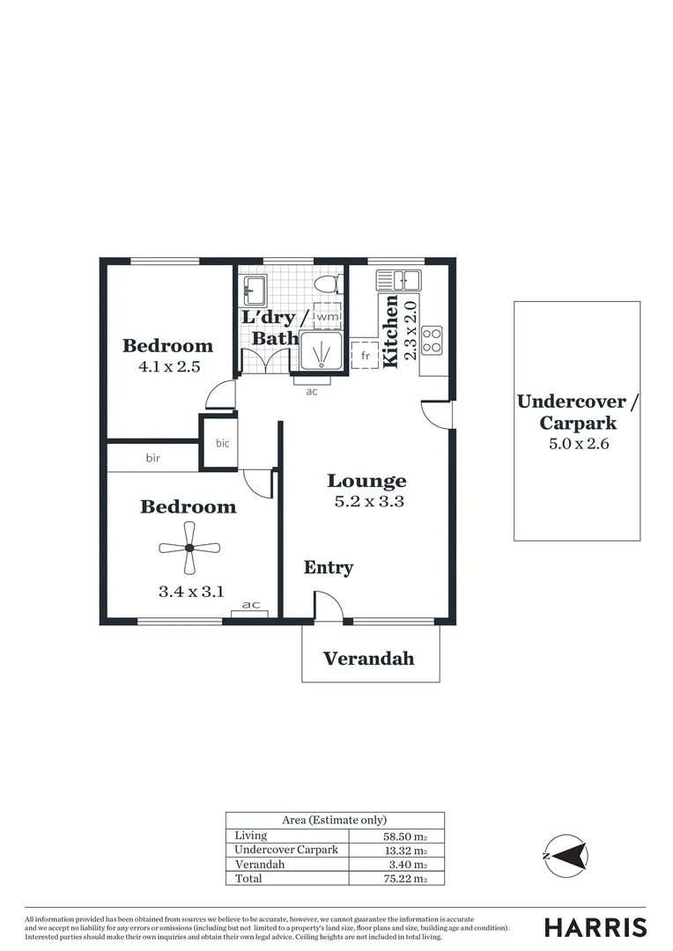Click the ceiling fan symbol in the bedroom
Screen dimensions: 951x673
[x=189, y=549]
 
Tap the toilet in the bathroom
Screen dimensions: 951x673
[x=327, y=285]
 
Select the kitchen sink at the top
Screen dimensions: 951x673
[x=398, y=281]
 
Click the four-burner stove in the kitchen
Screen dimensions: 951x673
[x=432, y=340]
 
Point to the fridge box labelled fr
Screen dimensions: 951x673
[x=364, y=356]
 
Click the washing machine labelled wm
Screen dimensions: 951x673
[x=327, y=316]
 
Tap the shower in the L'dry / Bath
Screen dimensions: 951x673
[x=322, y=351]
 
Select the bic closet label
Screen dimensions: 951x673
[x=222, y=443]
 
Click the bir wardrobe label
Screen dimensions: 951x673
[x=154, y=458]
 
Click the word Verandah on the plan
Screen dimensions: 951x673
[x=368, y=659]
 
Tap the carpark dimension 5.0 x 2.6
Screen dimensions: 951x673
[x=578, y=444]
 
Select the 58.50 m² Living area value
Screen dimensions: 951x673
[x=404, y=836]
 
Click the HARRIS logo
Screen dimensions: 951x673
[x=595, y=927]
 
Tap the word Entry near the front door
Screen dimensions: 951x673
[x=329, y=568]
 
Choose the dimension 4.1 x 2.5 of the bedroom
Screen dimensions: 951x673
[x=169, y=366]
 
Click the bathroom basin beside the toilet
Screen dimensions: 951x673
[x=255, y=287]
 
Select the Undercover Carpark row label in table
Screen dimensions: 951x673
[x=286, y=850]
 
